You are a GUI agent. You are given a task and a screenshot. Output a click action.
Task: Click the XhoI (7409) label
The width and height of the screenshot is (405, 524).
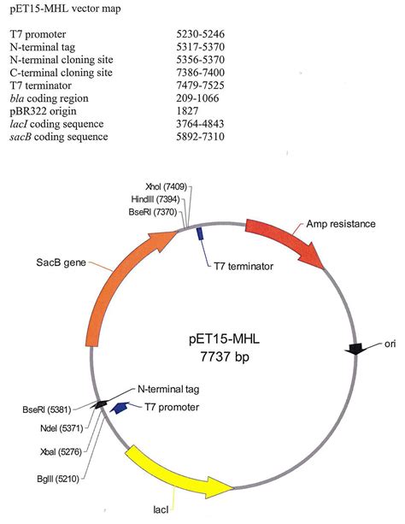pos(166,186)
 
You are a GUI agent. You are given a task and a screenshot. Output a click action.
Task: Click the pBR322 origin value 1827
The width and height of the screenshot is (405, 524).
pos(187,110)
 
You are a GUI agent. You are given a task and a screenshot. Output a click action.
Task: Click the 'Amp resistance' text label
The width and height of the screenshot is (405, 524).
pos(340,224)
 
